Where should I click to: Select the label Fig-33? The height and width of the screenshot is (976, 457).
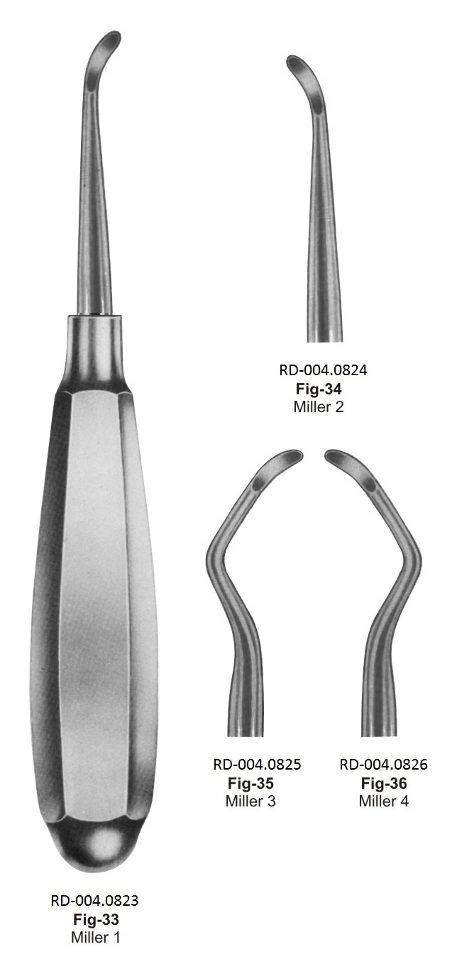(96, 919)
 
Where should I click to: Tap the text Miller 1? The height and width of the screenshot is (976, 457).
(96, 937)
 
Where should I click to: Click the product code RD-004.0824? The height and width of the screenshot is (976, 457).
(323, 370)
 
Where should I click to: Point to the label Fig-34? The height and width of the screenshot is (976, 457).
(319, 388)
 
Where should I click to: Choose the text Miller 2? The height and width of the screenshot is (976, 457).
(319, 406)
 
